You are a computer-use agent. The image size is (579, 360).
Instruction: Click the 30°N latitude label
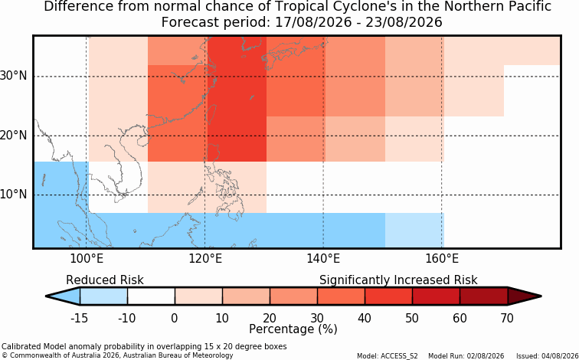coord(14,77)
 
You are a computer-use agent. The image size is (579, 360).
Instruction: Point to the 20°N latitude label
coord(14,136)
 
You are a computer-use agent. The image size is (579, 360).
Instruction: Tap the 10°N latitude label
coord(14,195)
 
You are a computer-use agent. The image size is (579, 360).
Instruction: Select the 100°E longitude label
coord(87,259)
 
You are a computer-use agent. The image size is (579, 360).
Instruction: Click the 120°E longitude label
coord(205,259)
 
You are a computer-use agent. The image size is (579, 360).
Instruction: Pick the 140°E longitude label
coord(323,259)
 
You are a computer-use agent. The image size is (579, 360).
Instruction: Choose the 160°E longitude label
coord(442,259)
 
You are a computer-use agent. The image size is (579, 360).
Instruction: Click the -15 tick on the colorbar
coord(80,318)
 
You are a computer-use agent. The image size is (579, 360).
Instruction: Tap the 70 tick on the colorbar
coord(507,318)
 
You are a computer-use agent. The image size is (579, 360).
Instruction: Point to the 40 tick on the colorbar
coord(365,318)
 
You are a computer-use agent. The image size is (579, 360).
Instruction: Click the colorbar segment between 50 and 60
coord(436,296)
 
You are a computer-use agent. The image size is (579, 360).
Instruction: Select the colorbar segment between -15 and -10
coord(103,296)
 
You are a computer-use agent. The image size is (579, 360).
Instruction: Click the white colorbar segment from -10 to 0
coord(151,296)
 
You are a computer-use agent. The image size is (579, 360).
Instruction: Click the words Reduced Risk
coord(105,280)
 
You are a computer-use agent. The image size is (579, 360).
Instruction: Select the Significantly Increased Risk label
coord(398,280)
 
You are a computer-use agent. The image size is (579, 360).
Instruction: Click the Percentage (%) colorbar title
coord(293,329)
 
